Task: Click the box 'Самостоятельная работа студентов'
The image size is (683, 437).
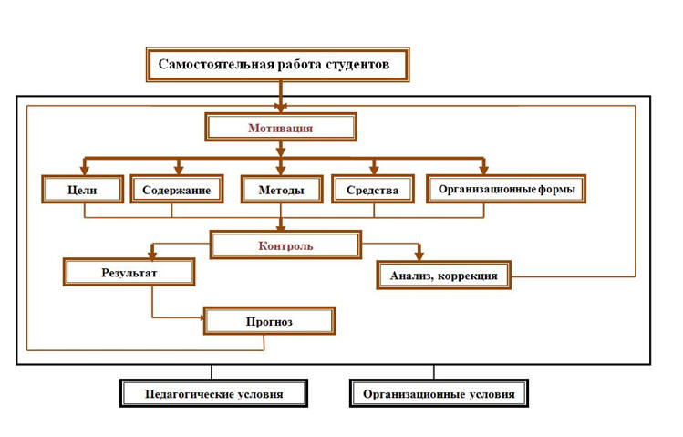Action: tap(278, 65)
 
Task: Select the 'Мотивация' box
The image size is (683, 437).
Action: tap(281, 127)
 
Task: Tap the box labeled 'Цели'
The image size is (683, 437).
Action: tap(82, 189)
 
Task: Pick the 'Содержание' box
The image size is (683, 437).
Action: tap(177, 189)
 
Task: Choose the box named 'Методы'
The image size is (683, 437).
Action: tap(282, 189)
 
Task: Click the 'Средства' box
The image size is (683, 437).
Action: tap(373, 189)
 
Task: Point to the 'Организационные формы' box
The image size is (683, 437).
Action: tap(506, 189)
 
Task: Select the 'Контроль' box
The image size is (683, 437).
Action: tap(285, 245)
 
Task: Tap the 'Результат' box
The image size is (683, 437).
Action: tap(129, 272)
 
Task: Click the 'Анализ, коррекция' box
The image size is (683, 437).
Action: tap(444, 276)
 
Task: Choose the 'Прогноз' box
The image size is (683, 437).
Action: tap(270, 321)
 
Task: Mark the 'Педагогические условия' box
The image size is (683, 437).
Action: tap(214, 393)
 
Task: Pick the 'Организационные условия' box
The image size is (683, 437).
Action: tap(440, 393)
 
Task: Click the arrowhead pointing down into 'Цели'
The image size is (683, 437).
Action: tap(85, 170)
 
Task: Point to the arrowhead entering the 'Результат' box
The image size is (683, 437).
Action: tap(152, 255)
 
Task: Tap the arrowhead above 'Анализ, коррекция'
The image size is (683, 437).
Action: tap(419, 255)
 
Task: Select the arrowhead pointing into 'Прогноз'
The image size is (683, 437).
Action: tap(202, 318)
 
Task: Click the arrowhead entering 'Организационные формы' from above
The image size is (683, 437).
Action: tap(483, 170)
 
